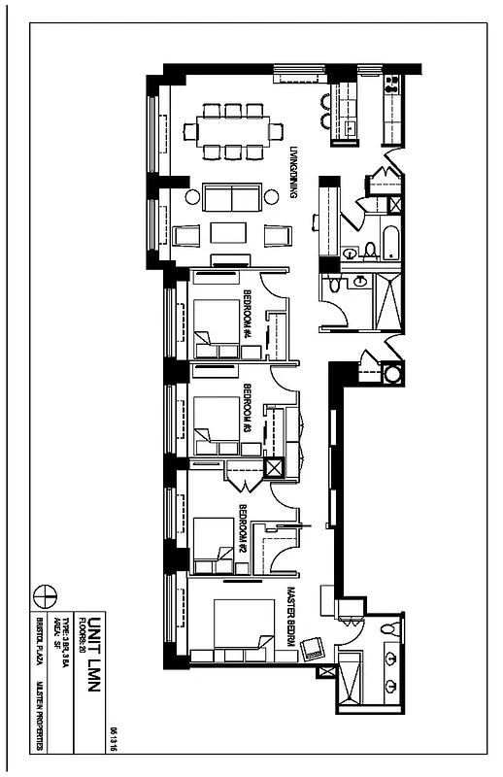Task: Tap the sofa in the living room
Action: tap(231, 199)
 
